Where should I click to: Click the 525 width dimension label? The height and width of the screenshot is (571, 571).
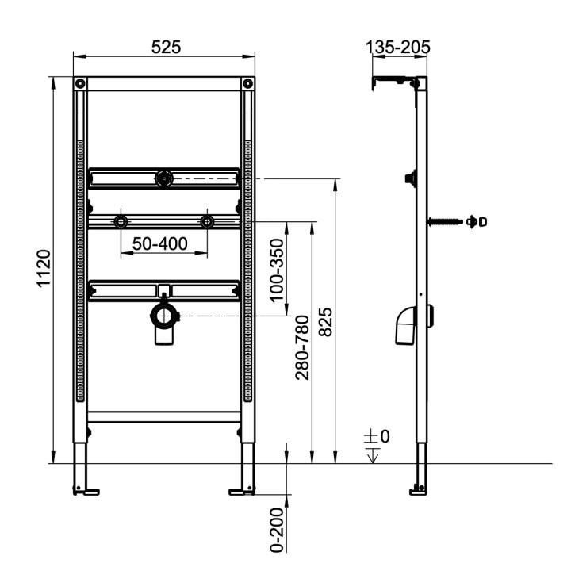[x=166, y=47]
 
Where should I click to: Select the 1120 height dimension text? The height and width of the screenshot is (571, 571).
[x=44, y=270]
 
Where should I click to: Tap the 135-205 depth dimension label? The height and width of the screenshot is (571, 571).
[x=398, y=48]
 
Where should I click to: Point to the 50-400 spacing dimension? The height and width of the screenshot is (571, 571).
[x=160, y=243]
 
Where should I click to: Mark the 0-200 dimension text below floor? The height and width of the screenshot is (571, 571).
[x=276, y=530]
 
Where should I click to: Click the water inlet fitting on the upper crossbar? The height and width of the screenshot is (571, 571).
[x=163, y=179]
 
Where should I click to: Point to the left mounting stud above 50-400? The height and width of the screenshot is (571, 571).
[x=121, y=221]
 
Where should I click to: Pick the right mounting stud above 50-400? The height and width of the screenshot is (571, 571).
[x=207, y=221]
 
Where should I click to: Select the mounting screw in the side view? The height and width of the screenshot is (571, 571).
[x=448, y=222]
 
